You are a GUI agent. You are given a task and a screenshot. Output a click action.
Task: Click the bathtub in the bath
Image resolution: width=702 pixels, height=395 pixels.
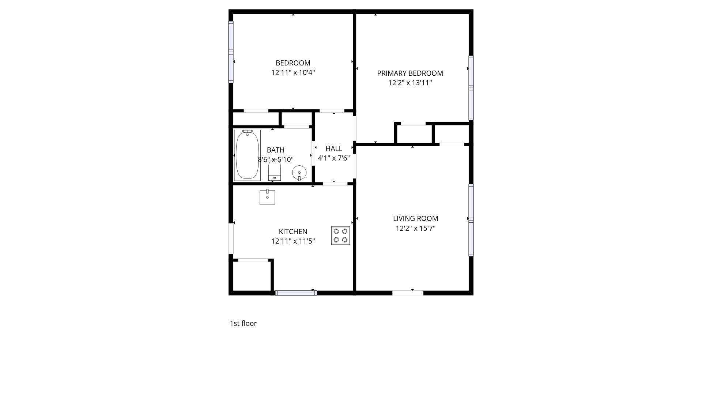(x=247, y=155)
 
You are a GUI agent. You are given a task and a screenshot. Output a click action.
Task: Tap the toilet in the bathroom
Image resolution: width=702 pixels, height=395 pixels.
(x=275, y=171)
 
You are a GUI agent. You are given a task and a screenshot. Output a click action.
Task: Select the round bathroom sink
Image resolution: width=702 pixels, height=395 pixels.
(x=299, y=173)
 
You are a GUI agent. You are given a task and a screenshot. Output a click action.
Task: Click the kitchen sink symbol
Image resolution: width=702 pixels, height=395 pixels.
(x=267, y=197)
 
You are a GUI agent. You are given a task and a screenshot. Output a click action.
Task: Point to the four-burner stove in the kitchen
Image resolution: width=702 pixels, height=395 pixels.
(x=340, y=236)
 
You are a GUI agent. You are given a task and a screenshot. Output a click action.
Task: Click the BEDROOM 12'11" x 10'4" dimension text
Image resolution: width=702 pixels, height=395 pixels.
(x=293, y=72)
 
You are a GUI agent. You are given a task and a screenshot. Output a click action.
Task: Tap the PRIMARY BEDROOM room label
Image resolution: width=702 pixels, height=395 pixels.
(x=410, y=73)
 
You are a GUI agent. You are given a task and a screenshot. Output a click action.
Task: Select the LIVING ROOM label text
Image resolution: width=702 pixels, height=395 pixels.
(x=415, y=218)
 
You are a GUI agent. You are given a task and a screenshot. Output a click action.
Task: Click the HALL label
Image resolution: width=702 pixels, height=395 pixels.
(x=334, y=148)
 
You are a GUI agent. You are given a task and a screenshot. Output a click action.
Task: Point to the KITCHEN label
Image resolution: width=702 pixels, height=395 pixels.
(x=293, y=232)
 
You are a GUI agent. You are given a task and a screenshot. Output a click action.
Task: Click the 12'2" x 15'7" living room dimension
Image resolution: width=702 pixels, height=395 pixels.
(x=415, y=228)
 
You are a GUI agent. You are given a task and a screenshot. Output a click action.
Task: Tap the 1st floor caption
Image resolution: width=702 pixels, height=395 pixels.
(x=243, y=323)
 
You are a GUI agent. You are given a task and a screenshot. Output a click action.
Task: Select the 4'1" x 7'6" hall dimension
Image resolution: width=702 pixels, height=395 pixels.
(x=334, y=158)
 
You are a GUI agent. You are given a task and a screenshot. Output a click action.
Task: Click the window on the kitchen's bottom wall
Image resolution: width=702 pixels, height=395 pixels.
(x=296, y=293)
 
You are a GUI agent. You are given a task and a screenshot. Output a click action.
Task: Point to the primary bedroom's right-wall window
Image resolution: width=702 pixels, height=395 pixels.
(x=471, y=88)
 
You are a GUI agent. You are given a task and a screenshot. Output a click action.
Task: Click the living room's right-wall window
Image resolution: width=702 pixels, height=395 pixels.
(x=471, y=220)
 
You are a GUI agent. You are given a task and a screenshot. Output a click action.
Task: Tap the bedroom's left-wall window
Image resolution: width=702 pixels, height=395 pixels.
(x=231, y=52)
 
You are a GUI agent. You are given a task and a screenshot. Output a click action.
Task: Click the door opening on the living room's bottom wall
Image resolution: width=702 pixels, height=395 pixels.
(x=408, y=293)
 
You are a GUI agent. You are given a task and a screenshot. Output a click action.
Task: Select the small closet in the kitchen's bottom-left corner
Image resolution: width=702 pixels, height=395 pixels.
(x=252, y=276)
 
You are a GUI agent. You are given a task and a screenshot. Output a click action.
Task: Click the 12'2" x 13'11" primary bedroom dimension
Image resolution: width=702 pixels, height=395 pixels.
(x=410, y=83)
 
